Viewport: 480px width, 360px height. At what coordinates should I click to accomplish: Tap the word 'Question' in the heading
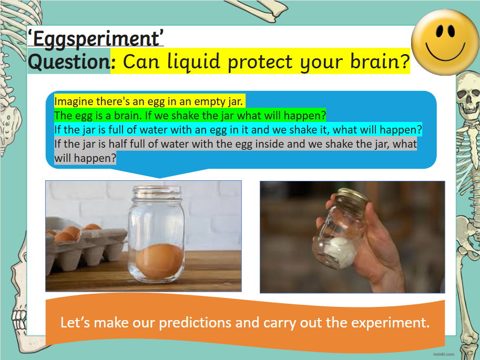[68, 62]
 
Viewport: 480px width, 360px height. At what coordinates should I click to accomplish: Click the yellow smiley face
[445, 42]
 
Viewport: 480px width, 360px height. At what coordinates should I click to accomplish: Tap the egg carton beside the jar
[79, 247]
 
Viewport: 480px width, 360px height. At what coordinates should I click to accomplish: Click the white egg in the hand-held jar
[342, 250]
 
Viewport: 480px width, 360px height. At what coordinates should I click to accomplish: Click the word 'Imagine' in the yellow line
[70, 100]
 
